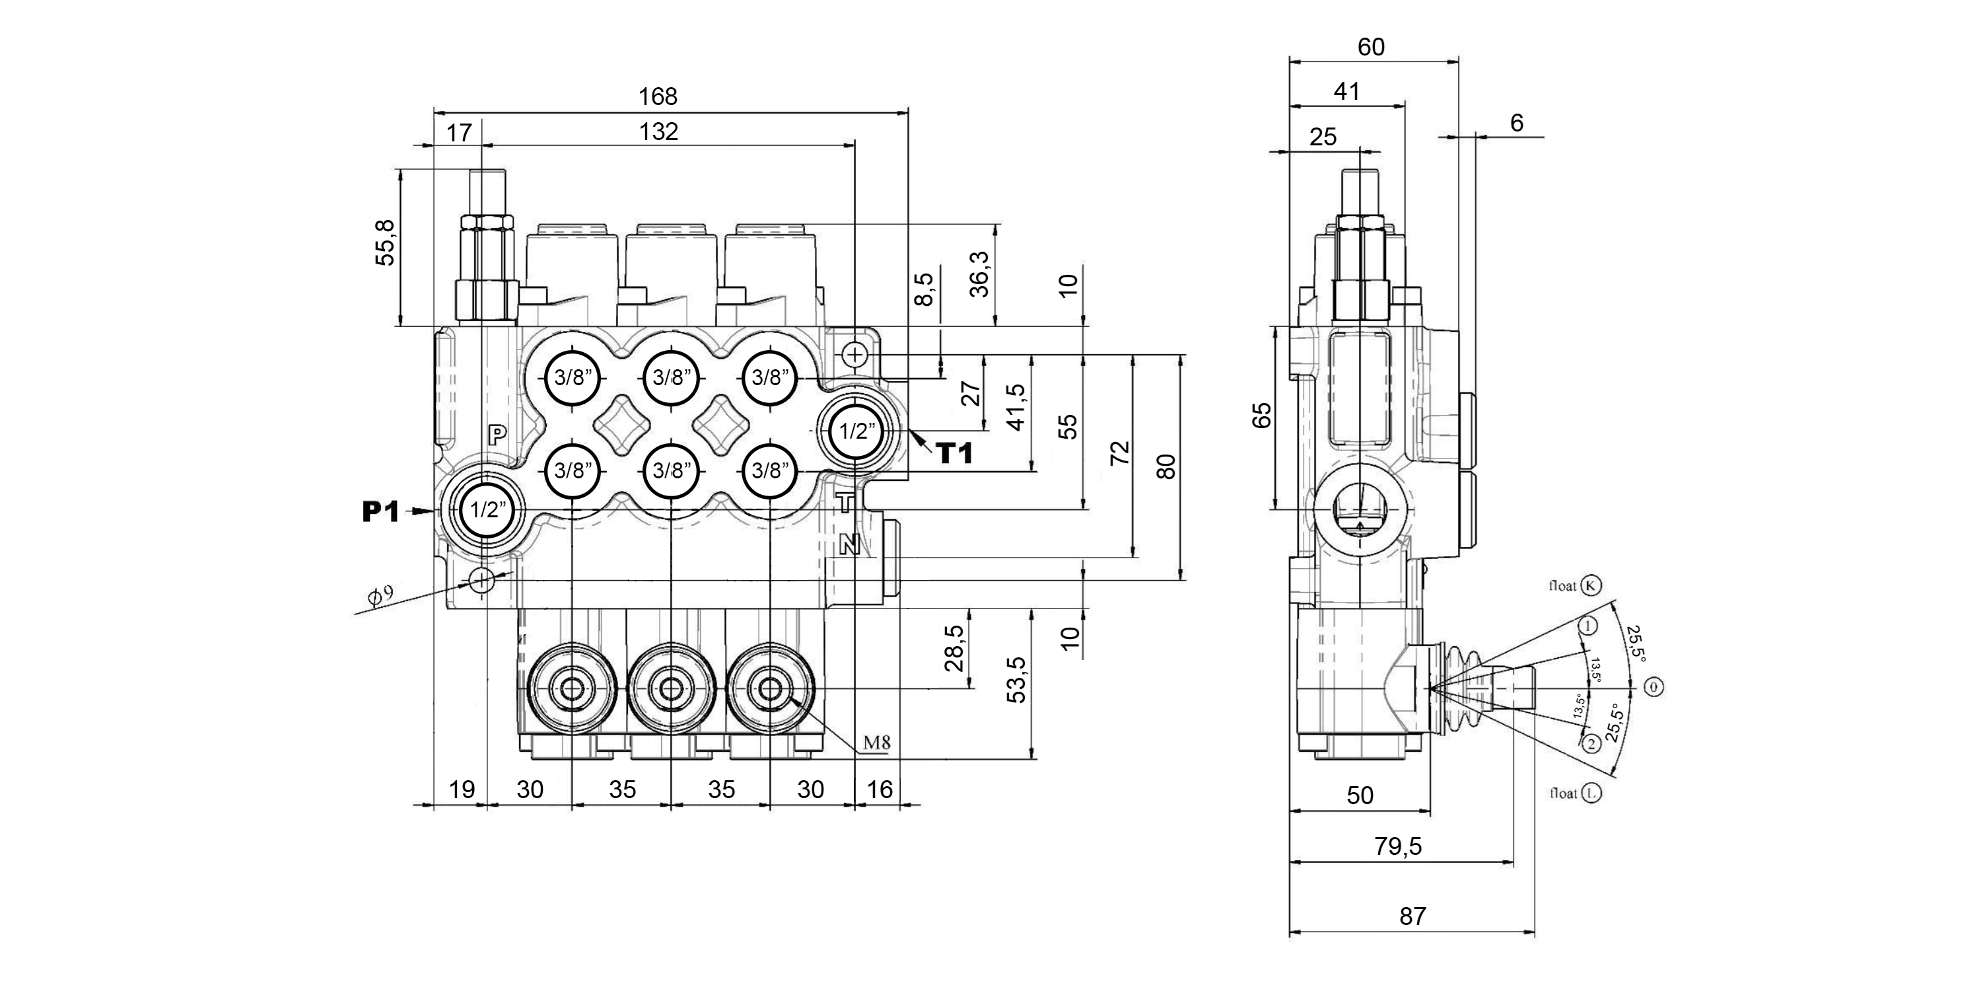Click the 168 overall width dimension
pos(658,97)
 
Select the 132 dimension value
pos(659,132)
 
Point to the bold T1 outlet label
pos(954,454)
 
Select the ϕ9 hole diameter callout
pos(380,595)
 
